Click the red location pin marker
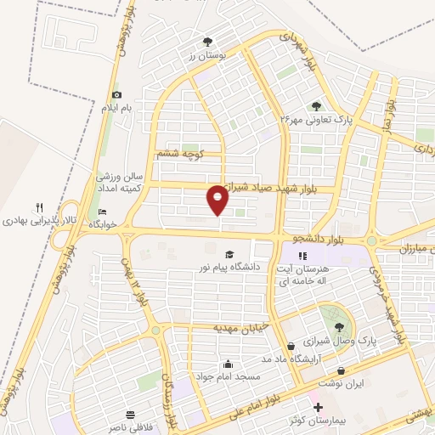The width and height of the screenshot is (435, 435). tap(218, 200)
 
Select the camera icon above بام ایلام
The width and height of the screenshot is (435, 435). tap(116, 94)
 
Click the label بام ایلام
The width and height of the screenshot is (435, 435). tap(116, 108)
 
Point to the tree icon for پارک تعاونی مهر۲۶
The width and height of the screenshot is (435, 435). tap(316, 106)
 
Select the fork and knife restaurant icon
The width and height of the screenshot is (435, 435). tap(39, 207)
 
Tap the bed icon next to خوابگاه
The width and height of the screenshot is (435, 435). tap(103, 212)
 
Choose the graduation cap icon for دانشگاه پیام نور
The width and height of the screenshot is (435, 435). tap(229, 254)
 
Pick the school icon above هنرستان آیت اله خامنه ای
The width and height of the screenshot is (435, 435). tap(301, 254)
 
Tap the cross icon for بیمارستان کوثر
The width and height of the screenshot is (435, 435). tap(318, 409)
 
